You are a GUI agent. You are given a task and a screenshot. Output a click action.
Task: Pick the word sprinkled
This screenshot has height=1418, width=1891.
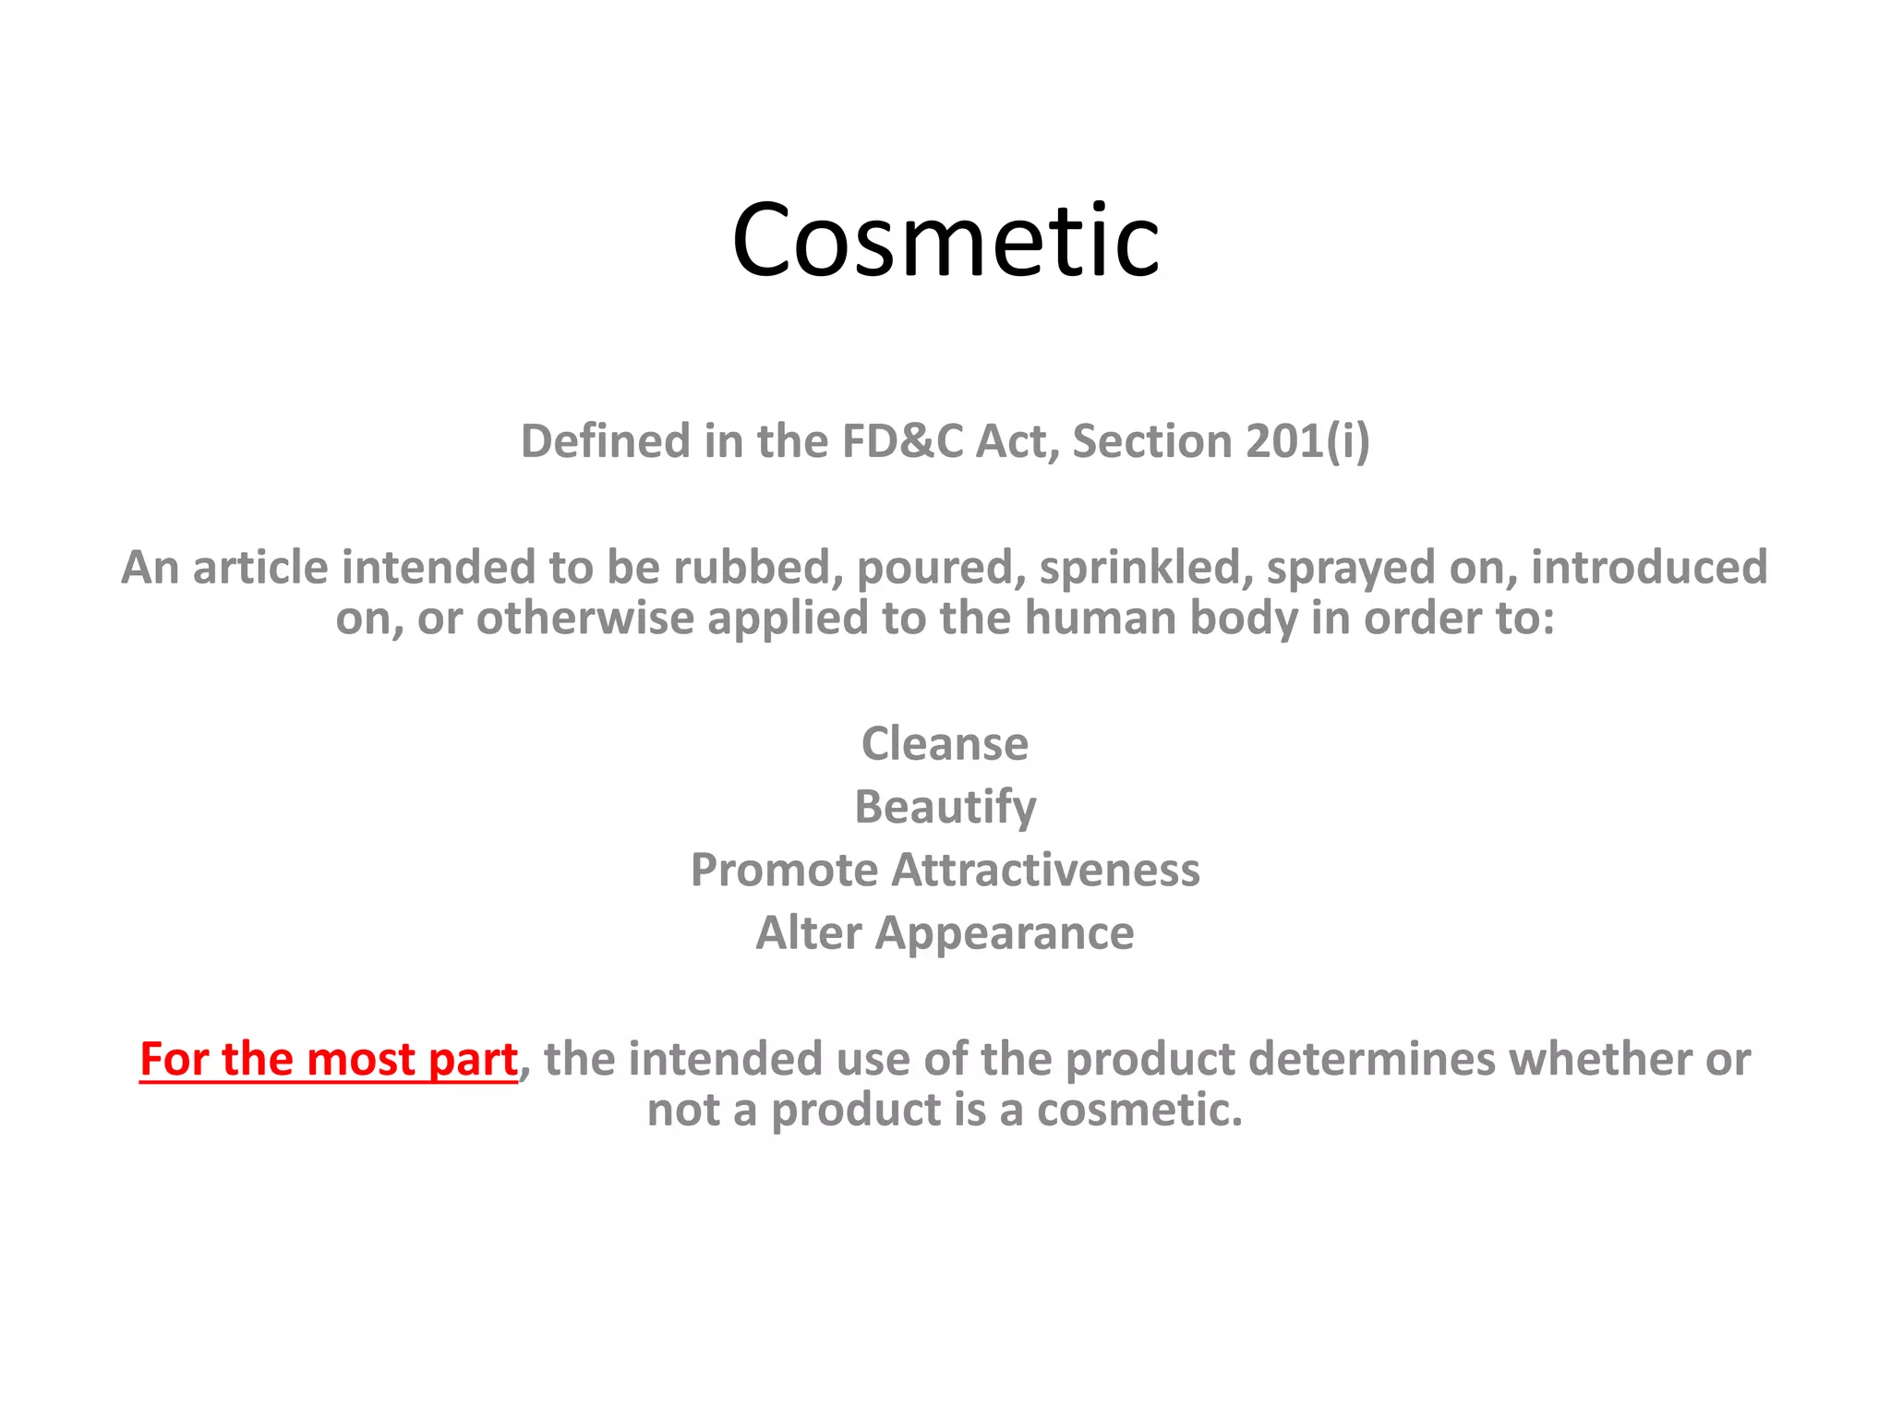click(1146, 568)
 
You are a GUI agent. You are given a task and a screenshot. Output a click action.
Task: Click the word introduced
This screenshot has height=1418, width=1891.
click(1649, 568)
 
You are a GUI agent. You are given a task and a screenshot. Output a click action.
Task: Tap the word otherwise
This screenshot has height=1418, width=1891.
click(584, 619)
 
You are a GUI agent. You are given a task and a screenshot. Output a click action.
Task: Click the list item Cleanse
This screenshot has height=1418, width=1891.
click(945, 744)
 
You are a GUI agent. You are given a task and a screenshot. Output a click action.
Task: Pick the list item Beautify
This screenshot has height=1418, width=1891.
click(945, 808)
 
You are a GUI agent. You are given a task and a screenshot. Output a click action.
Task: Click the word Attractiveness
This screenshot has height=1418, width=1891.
click(1045, 871)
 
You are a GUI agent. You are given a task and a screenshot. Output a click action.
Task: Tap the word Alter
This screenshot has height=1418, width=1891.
click(809, 933)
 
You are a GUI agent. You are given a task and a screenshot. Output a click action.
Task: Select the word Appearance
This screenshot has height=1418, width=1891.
click(1005, 933)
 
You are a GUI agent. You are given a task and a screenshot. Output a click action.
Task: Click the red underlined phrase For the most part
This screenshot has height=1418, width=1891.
click(328, 1060)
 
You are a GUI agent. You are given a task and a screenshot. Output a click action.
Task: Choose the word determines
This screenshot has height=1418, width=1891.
click(1372, 1060)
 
